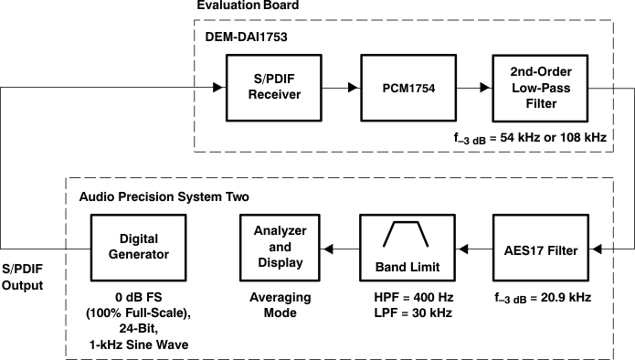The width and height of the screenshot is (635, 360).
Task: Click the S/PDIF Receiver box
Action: (270, 88)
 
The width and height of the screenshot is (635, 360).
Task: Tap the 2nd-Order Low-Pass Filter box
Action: (539, 88)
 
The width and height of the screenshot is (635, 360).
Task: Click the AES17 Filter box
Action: (539, 249)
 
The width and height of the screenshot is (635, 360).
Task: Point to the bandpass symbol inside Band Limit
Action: (405, 235)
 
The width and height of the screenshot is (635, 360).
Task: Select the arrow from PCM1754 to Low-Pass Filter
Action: (471, 88)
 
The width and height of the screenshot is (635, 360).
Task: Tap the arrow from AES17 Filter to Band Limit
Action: (471, 249)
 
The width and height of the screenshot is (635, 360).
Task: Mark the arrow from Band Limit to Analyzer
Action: (341, 249)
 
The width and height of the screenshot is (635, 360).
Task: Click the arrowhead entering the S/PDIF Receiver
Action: (217, 88)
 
